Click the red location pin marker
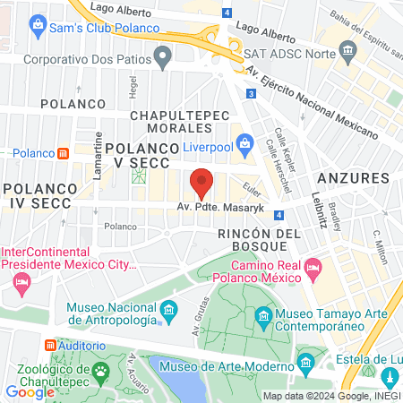pyautogui.click(x=201, y=183)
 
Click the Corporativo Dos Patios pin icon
pyautogui.click(x=162, y=59)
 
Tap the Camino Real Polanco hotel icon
pyautogui.click(x=313, y=268)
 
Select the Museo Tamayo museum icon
pyautogui.click(x=263, y=317)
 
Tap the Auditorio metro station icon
pyautogui.click(x=50, y=345)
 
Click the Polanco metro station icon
pyautogui.click(x=62, y=153)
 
